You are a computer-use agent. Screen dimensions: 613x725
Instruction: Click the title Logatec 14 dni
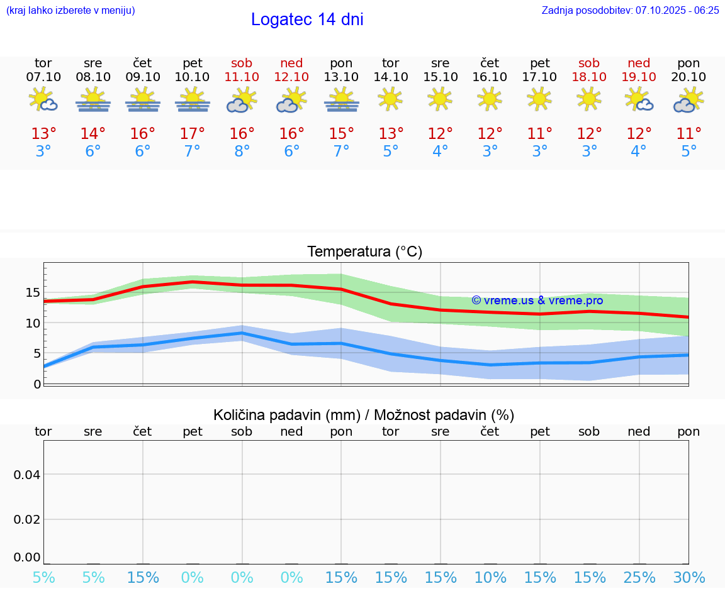click(307, 19)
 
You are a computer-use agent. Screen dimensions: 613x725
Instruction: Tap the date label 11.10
click(242, 77)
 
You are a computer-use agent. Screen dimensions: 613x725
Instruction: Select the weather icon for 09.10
click(143, 100)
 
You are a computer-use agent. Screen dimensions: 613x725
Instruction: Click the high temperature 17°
click(192, 134)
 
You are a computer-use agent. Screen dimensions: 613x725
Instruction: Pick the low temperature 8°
click(242, 152)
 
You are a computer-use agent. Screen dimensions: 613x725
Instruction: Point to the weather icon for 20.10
click(688, 100)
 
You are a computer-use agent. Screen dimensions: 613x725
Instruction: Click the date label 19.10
click(639, 77)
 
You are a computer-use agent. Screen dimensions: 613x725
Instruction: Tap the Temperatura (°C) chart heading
click(364, 252)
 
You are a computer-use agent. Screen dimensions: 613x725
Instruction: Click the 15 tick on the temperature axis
click(33, 292)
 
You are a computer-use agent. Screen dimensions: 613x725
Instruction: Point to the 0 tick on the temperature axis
click(37, 384)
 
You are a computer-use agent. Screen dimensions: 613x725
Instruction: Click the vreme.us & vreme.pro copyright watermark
click(537, 301)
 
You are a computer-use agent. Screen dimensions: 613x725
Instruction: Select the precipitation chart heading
click(364, 415)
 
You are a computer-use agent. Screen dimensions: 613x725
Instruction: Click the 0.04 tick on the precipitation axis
click(27, 475)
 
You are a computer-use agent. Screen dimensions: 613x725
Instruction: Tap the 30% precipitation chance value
click(688, 577)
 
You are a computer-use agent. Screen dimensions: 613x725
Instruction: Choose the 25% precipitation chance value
click(639, 577)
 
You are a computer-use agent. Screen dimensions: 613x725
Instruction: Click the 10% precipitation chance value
click(490, 577)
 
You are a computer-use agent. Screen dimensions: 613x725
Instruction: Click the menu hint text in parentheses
click(70, 10)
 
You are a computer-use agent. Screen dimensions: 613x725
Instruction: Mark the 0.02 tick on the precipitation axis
click(27, 519)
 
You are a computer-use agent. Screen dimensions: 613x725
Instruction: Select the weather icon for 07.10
click(43, 100)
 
